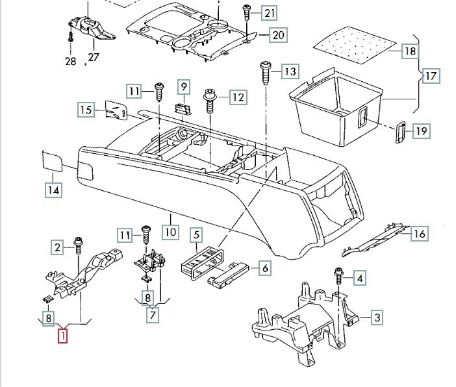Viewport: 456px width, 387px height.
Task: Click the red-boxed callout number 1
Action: point(62,336)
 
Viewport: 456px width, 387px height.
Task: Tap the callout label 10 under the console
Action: point(170,231)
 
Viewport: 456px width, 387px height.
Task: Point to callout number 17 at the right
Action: point(431,75)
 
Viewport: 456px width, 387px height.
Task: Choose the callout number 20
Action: point(277,35)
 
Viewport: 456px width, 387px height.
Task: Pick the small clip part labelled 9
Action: point(184,106)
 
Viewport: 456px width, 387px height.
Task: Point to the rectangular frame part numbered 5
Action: point(202,262)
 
